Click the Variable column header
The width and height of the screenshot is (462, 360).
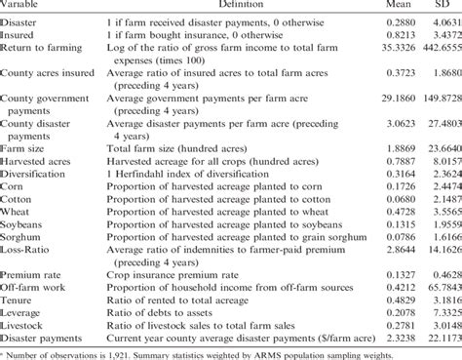pyautogui.click(x=22, y=6)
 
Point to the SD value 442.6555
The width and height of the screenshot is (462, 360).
pyautogui.click(x=436, y=47)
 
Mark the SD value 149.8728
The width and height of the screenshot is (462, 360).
pyautogui.click(x=436, y=99)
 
